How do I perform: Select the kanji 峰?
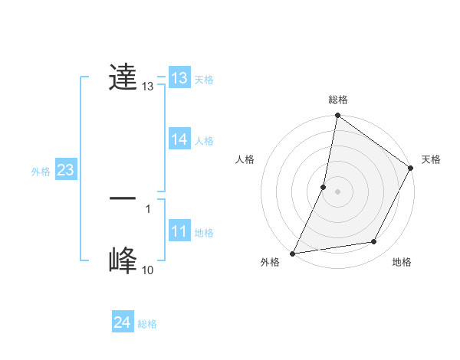123,260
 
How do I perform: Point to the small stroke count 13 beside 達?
148,87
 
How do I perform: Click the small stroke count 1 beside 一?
148,208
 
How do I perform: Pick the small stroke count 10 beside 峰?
147,270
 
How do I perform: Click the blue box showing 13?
179,78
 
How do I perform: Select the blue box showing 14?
179,139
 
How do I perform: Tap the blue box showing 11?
179,231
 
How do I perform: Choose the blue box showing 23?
65,170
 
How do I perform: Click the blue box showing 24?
122,322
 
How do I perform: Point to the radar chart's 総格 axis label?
338,100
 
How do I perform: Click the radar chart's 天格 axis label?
431,159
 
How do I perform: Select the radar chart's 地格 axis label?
402,262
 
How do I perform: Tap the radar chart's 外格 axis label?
270,262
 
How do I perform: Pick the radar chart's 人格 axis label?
245,159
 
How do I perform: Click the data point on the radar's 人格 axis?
324,187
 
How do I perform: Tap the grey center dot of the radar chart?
338,191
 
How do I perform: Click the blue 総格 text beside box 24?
147,324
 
